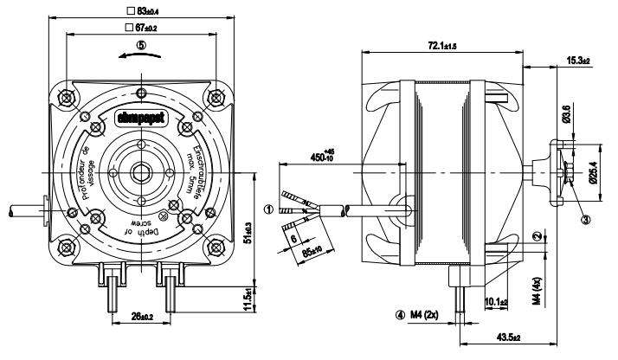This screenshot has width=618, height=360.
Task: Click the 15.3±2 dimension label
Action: pos(578,61)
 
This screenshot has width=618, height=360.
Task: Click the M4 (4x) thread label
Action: pos(537,289)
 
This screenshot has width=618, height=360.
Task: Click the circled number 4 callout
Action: pos(399,314)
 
